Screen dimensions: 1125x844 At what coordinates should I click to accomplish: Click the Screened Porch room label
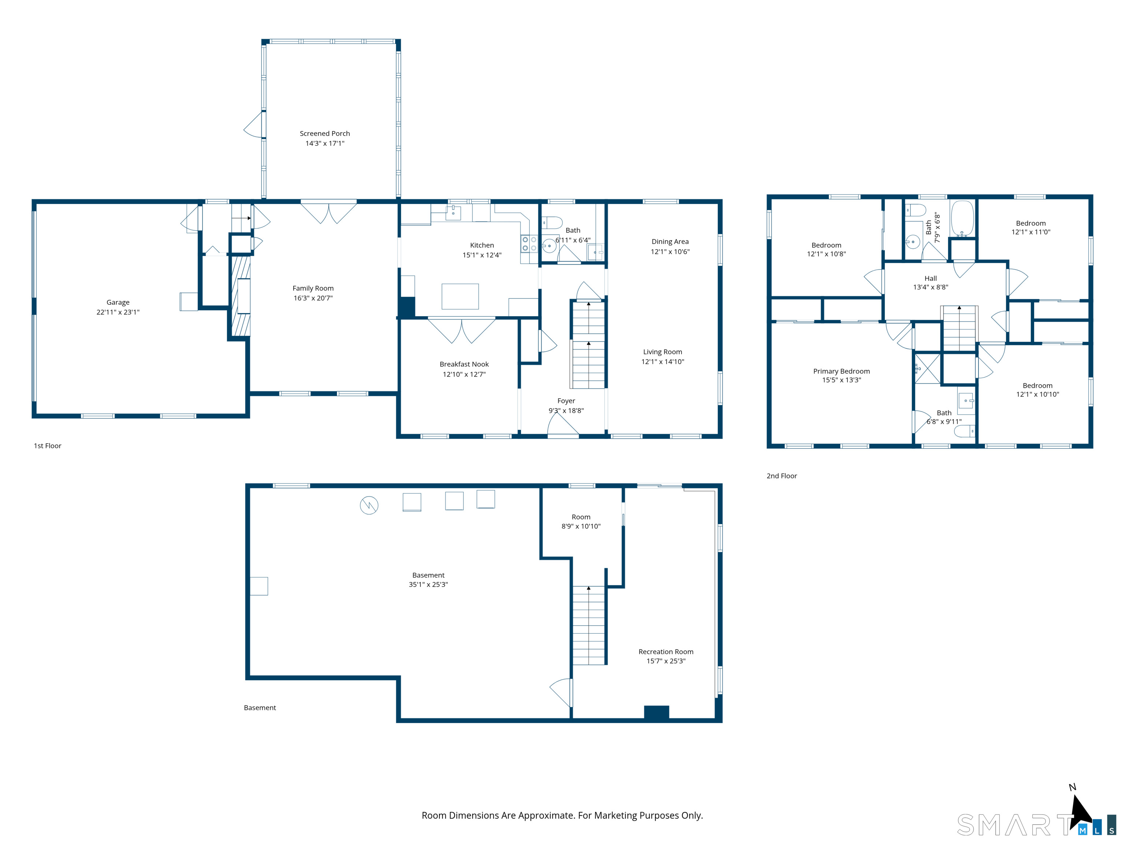324,133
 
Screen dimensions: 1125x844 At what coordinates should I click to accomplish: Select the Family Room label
313,288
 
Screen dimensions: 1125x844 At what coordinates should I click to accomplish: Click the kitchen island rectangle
460,297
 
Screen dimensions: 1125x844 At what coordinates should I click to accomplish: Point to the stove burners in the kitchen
529,244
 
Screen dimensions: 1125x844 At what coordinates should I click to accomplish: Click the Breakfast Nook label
464,364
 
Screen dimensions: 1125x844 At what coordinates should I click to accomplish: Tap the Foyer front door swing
562,423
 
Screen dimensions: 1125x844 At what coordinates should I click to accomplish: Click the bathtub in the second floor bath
962,219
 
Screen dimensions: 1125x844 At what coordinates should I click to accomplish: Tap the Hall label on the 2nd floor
930,278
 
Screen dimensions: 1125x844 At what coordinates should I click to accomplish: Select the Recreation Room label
666,652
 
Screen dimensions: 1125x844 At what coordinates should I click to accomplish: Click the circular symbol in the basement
369,505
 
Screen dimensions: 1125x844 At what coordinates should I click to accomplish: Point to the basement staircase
589,625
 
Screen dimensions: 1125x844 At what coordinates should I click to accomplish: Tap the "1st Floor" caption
47,446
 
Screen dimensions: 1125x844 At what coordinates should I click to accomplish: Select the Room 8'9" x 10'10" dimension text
581,526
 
